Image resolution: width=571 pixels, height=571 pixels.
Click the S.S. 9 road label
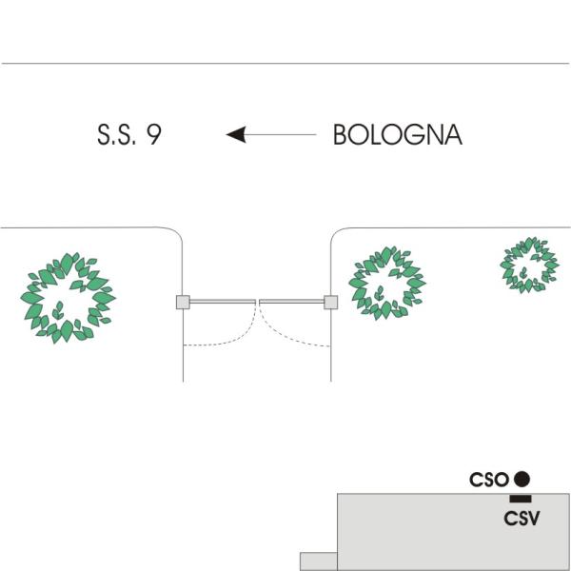click(129, 135)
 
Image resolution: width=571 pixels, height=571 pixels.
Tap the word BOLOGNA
click(398, 135)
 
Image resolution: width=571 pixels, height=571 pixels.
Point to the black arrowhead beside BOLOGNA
click(236, 134)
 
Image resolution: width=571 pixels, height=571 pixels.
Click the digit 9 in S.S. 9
click(154, 135)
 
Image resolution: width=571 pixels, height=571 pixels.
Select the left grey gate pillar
click(183, 303)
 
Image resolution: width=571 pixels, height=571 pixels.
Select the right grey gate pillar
click(330, 303)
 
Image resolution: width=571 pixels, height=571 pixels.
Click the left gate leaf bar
click(223, 302)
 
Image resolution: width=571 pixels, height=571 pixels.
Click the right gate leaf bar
click(291, 302)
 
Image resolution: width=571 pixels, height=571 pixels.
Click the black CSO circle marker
click(522, 479)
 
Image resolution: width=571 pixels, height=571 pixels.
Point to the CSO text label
click(489, 480)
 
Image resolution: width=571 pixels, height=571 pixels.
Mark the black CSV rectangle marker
click(521, 499)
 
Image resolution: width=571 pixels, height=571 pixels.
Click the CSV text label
click(522, 519)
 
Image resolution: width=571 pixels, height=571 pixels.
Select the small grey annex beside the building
click(319, 561)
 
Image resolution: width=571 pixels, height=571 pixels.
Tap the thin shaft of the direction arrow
click(281, 134)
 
